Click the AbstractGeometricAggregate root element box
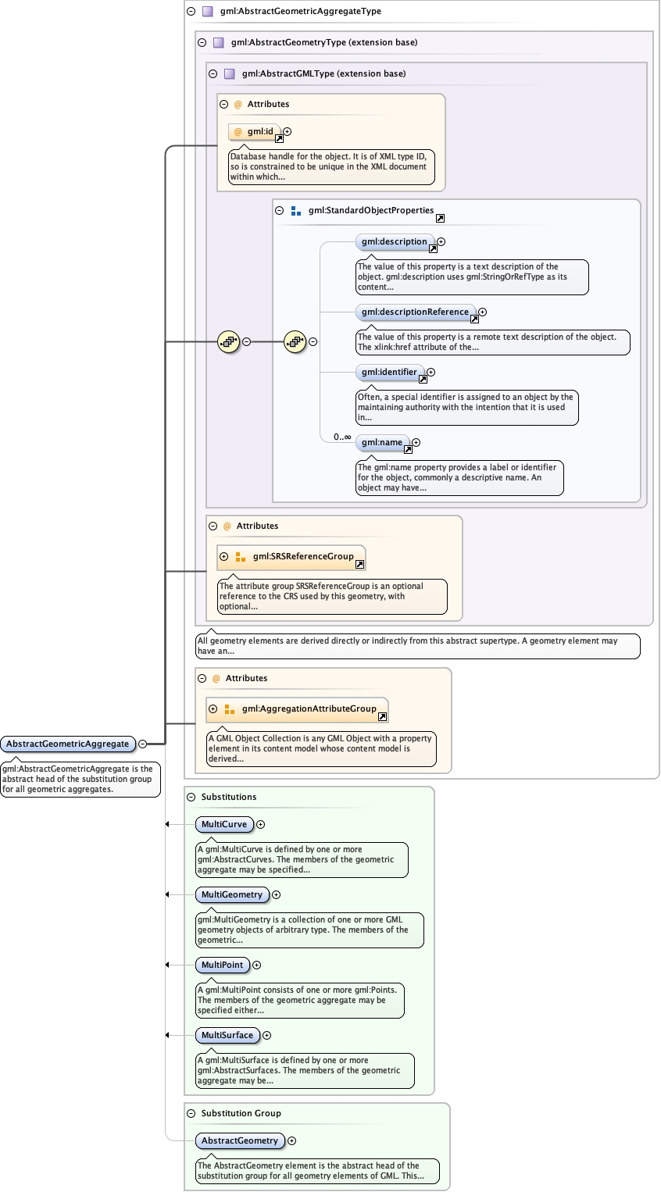coord(68,744)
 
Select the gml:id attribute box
coord(255,132)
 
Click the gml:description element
coord(393,242)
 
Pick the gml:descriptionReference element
coord(415,312)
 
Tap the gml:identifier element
coord(389,373)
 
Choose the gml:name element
coord(382,443)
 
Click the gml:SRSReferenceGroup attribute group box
coord(302,557)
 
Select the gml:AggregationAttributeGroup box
coord(309,709)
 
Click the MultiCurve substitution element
coord(223,825)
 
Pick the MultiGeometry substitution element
coord(231,895)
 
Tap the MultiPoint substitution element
coord(222,965)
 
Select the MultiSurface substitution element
coord(227,1036)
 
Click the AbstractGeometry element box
coord(239,1141)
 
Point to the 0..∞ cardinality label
coord(342,437)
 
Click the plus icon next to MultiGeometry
coord(276,895)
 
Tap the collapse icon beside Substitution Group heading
coord(191,1114)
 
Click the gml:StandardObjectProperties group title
coord(370,211)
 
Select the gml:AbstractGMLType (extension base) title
coord(323,74)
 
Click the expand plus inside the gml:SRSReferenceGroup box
coord(224,557)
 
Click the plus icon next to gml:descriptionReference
coord(483,312)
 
